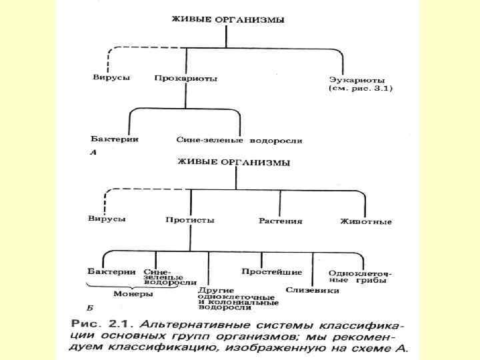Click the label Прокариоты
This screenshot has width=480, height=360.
(x=185, y=78)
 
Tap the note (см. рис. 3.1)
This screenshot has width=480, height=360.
(x=361, y=87)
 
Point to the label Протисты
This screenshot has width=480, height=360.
(x=190, y=219)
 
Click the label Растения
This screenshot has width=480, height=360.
(x=281, y=220)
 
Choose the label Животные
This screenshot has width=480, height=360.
(x=365, y=221)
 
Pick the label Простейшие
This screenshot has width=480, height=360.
(x=271, y=272)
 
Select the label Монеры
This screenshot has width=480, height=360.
(x=133, y=293)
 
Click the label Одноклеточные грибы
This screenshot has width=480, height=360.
(x=359, y=276)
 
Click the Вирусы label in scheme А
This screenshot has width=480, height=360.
(x=111, y=77)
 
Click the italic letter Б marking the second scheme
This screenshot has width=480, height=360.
(x=90, y=309)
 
